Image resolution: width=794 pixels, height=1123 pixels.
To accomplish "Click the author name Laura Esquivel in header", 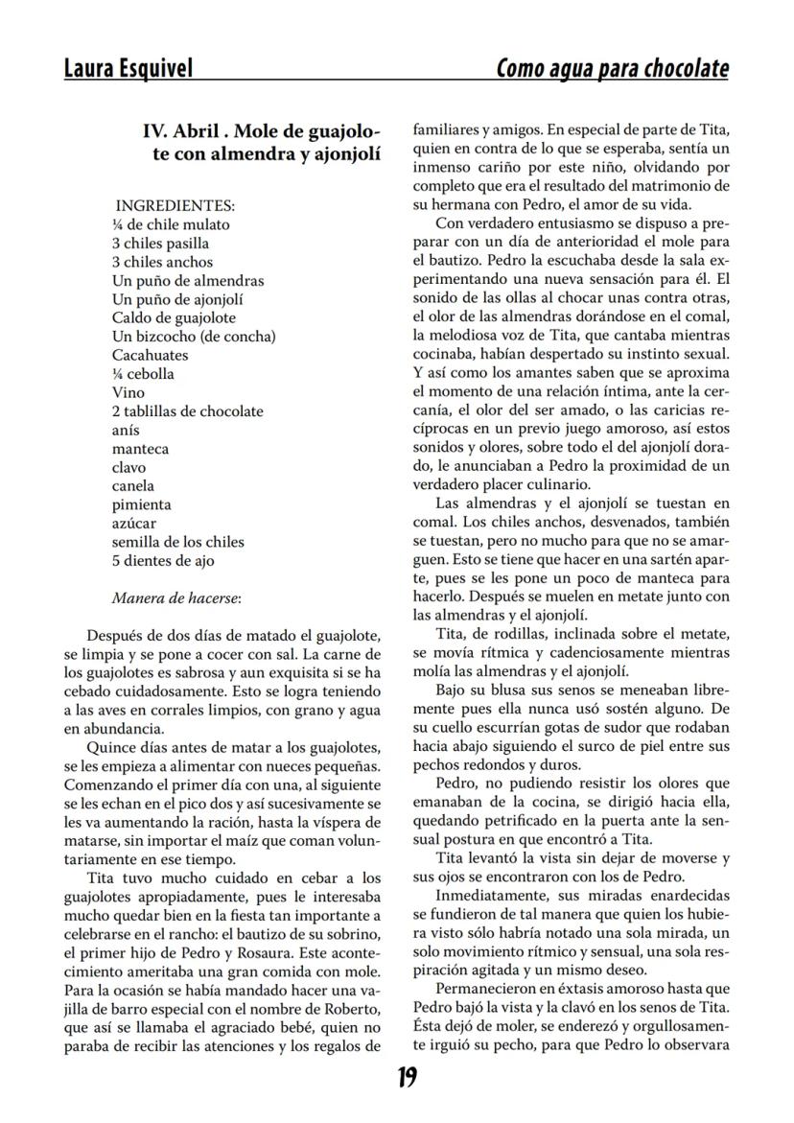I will coord(128,68).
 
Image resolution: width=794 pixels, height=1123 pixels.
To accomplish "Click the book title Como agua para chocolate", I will coord(612,68).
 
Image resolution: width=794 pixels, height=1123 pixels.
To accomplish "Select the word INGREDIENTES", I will coord(174,205).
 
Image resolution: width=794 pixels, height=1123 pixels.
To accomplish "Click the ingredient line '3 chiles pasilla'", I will coord(160,243).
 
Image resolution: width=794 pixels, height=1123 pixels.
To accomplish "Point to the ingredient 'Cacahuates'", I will coord(150,355).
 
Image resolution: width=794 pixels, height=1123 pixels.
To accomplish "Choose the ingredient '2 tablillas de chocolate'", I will coord(187,410).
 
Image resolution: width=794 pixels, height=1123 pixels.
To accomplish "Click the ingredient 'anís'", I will coord(126,430).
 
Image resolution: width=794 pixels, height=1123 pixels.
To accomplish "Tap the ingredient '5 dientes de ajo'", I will coord(163,560).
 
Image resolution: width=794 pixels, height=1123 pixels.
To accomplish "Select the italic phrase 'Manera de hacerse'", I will coord(175,597).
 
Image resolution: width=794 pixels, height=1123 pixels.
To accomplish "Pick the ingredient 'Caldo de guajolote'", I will coord(174,317).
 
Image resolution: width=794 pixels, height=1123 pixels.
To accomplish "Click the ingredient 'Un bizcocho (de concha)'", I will coord(194,336).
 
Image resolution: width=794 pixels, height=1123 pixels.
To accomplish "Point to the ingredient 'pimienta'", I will coord(141,504).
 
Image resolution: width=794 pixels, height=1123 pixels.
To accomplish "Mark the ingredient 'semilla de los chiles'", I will coord(177,542).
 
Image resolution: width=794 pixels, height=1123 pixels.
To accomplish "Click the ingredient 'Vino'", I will coord(128,392).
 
